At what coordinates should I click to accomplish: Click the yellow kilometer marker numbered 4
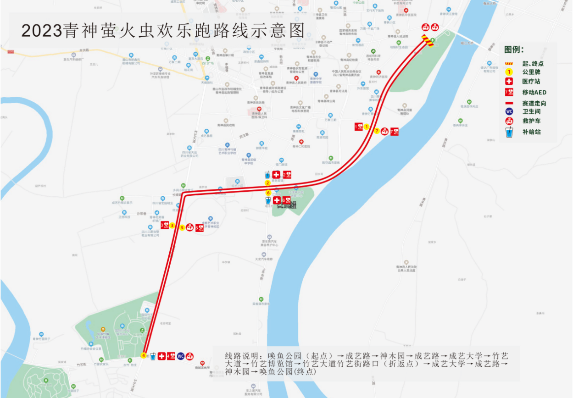[144, 355]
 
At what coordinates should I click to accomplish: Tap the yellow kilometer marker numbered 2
[267, 183]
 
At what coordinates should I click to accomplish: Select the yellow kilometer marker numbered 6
[268, 193]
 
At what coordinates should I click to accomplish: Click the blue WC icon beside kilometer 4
[181, 356]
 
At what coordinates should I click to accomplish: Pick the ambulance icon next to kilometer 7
[385, 131]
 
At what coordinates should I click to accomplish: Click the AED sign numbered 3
[165, 225]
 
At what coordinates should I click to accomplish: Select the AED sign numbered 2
[287, 174]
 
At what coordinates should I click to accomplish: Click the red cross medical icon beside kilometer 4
[161, 356]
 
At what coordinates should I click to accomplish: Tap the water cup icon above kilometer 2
[267, 174]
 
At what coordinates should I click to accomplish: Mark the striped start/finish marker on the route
[428, 40]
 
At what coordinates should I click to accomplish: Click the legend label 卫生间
[531, 111]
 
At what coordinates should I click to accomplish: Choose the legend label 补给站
[531, 132]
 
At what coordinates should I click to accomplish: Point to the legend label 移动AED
[534, 92]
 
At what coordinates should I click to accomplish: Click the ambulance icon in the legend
[509, 122]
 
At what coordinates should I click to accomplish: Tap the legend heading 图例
[514, 50]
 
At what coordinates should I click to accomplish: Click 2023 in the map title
[42, 31]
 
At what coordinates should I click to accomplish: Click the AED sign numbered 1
[358, 127]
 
